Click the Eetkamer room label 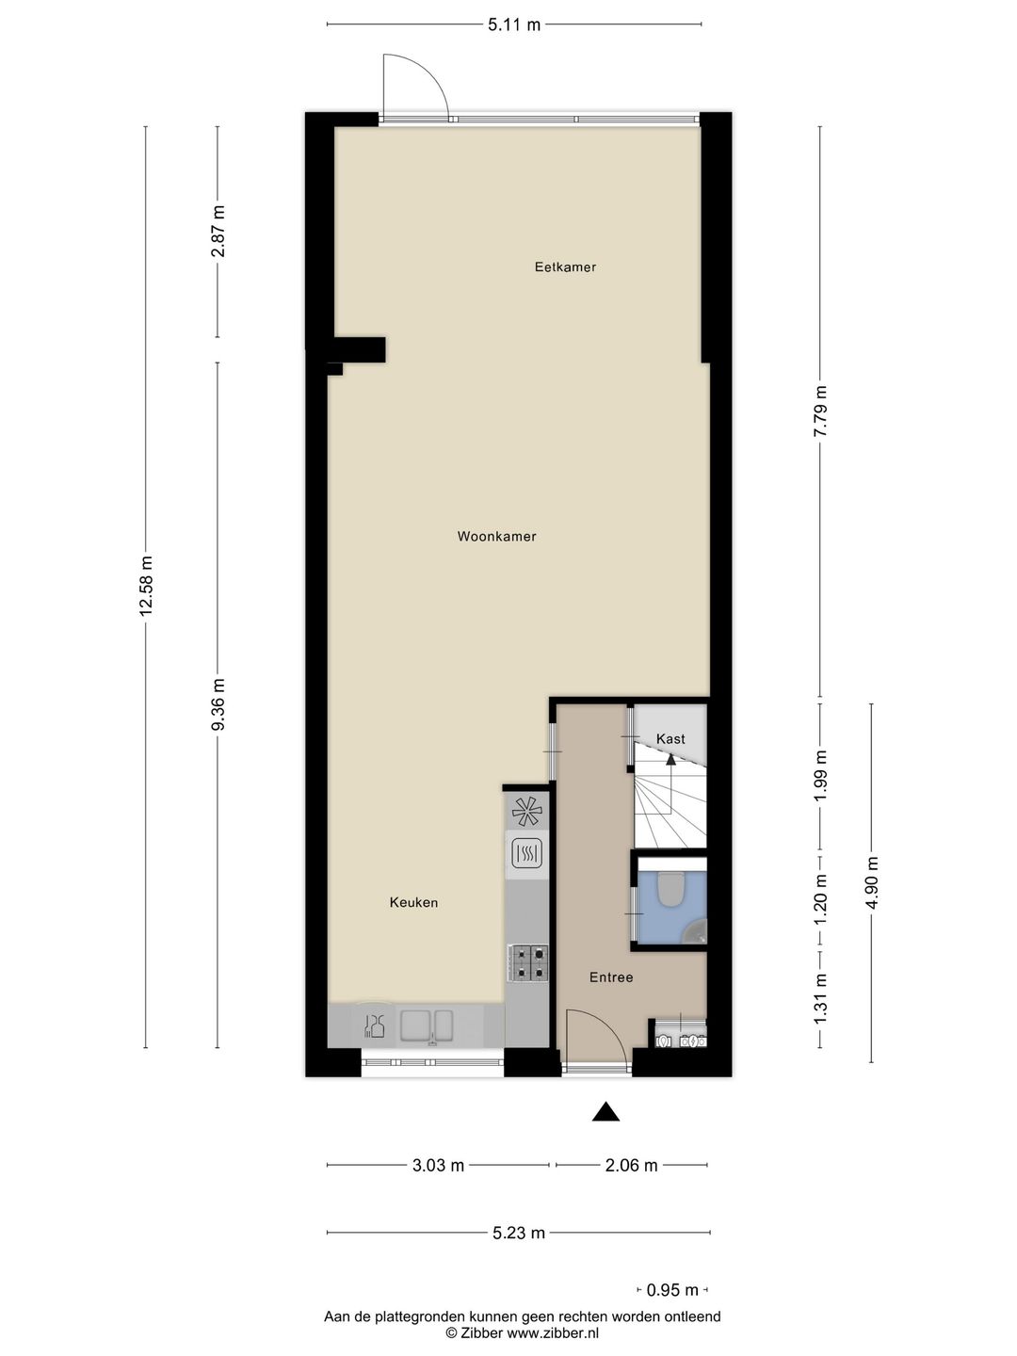tap(565, 267)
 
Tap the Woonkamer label tap(496, 537)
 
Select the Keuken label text tap(413, 903)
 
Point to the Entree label tap(611, 977)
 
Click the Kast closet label tap(670, 739)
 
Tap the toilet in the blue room tap(670, 890)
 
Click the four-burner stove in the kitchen tap(527, 963)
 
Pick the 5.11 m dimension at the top tap(514, 24)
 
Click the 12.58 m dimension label tap(146, 586)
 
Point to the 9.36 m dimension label tap(218, 704)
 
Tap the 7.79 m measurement tap(820, 411)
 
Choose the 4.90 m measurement tap(872, 882)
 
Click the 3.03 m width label tap(438, 1166)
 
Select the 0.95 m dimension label tap(672, 1290)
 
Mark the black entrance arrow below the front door tap(605, 1112)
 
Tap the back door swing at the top tap(415, 85)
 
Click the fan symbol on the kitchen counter tap(526, 810)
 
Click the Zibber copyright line tap(522, 1332)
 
